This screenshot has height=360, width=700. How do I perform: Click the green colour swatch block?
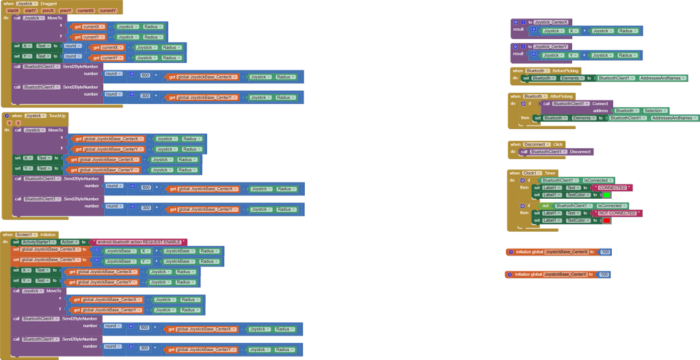pyautogui.click(x=606, y=195)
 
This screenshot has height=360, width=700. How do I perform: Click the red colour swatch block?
pyautogui.click(x=606, y=221)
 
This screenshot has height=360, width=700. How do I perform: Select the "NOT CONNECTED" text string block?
pyautogui.click(x=618, y=213)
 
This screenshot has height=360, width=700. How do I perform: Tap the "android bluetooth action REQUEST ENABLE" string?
pyautogui.click(x=139, y=242)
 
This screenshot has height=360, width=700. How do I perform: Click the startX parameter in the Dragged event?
pyautogui.click(x=13, y=11)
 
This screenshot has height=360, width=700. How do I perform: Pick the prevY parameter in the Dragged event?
pyautogui.click(x=66, y=11)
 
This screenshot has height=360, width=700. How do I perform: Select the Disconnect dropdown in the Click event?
pyautogui.click(x=536, y=145)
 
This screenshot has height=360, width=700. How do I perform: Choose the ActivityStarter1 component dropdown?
pyautogui.click(x=38, y=242)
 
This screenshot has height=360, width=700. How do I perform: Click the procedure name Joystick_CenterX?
pyautogui.click(x=551, y=23)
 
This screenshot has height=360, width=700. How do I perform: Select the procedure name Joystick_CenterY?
pyautogui.click(x=551, y=47)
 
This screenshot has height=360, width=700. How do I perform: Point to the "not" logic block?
pyautogui.click(x=546, y=206)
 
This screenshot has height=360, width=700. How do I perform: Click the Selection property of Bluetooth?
pyautogui.click(x=654, y=111)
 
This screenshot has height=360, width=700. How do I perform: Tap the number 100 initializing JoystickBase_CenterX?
pyautogui.click(x=604, y=252)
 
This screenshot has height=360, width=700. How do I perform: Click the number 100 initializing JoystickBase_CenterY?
pyautogui.click(x=604, y=275)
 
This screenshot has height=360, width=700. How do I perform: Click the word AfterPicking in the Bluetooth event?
pyautogui.click(x=561, y=96)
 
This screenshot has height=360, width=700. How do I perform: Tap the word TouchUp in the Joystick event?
pyautogui.click(x=57, y=116)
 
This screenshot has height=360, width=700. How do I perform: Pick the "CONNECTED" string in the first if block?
pyautogui.click(x=612, y=188)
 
